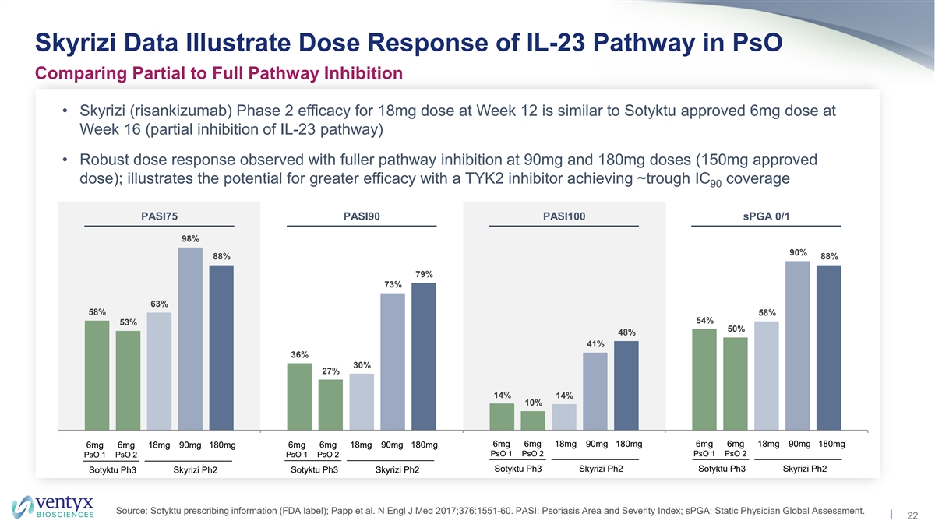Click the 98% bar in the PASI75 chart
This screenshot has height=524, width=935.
pyautogui.click(x=190, y=338)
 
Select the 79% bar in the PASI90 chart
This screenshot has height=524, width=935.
pyautogui.click(x=424, y=356)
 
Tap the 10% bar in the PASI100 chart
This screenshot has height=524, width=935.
pyautogui.click(x=533, y=420)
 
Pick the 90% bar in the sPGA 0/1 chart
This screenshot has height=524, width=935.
pyautogui.click(x=798, y=345)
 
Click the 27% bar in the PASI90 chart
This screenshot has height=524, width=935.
pyautogui.click(x=330, y=404)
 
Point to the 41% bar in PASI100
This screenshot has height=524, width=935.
pyautogui.click(x=595, y=391)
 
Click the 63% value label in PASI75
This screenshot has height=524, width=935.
pyautogui.click(x=159, y=303)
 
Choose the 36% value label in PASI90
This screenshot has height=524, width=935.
pyautogui.click(x=299, y=354)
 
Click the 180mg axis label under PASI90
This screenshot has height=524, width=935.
pyautogui.click(x=425, y=445)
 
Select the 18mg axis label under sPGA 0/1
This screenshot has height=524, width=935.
pyautogui.click(x=767, y=444)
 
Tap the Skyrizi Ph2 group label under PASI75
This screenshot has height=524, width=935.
pyautogui.click(x=195, y=469)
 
